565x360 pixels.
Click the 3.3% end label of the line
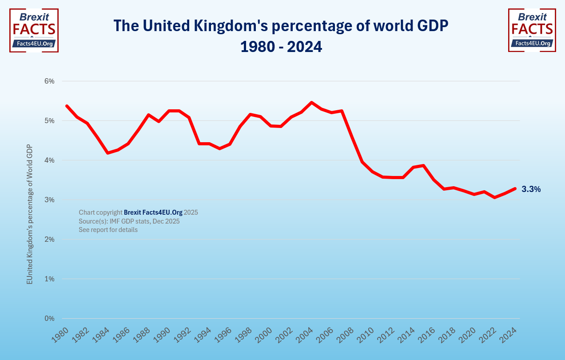point(531,189)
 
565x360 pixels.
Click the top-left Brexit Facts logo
point(34,30)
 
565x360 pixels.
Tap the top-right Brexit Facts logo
point(532,30)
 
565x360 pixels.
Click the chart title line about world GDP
point(281,26)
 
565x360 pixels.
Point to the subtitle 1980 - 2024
point(281,47)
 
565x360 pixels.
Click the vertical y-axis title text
point(29,214)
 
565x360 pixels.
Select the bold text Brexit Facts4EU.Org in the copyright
point(153,212)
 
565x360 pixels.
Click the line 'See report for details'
point(108,230)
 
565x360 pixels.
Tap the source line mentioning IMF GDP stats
point(129,221)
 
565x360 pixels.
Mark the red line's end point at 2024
point(515,189)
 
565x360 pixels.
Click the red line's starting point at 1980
point(67,106)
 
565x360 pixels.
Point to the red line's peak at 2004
point(311,103)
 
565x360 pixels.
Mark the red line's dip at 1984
point(107,153)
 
